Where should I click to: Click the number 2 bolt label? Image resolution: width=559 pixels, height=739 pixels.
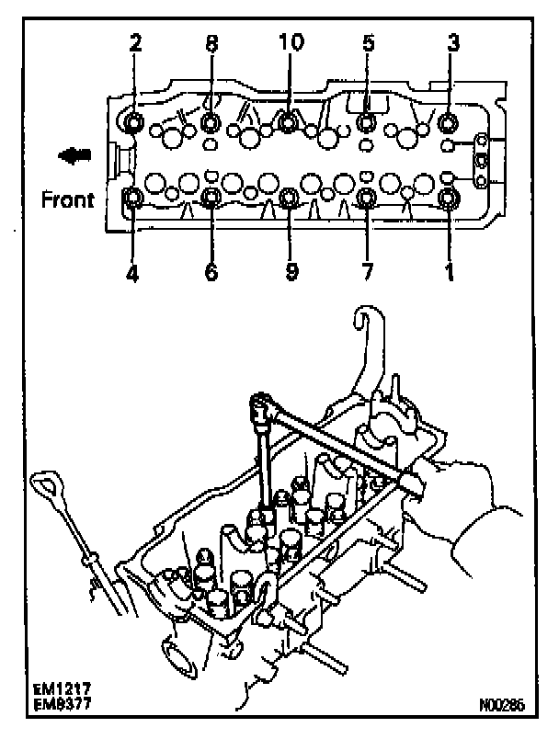[134, 44]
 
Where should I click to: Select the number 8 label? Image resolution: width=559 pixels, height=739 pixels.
[211, 44]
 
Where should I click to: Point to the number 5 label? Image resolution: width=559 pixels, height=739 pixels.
[367, 44]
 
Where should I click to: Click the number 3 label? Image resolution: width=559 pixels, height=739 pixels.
[451, 44]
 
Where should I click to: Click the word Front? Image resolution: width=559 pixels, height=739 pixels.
[67, 199]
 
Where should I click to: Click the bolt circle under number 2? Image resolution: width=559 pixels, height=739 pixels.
[134, 122]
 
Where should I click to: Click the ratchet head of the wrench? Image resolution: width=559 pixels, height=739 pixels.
[262, 404]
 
